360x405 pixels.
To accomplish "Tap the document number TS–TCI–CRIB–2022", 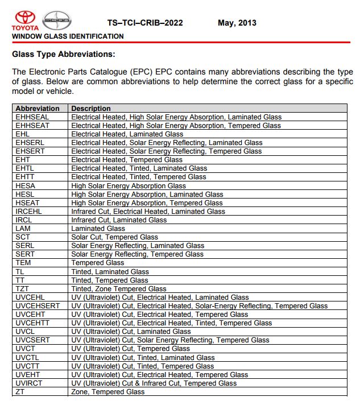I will (145, 23).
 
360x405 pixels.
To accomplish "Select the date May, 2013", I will (237, 23).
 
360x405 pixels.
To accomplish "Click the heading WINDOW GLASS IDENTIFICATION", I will (68, 36).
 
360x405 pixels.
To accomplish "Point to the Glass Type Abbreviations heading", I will (63, 55).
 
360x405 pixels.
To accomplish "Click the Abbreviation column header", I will (38, 108).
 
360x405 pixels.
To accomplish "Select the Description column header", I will (91, 108).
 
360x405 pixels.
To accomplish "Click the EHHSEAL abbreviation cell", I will (33, 117).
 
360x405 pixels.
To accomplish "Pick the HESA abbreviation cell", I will (26, 185).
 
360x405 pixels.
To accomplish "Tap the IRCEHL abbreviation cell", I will (29, 212).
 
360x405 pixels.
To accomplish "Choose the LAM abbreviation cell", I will (23, 229).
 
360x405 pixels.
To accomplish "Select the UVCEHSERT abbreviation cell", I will (38, 306).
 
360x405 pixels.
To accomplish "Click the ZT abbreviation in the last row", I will (20, 392).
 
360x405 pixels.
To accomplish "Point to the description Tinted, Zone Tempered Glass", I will (119, 289).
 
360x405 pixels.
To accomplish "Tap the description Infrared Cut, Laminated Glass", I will (119, 220).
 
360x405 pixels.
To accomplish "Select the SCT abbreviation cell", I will (23, 237).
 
